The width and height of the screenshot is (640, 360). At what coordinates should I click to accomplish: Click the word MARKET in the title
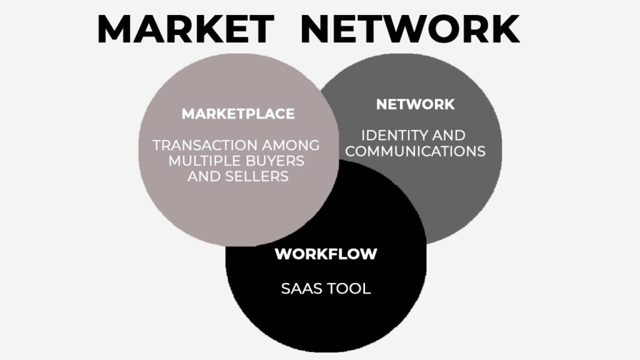pyautogui.click(x=186, y=29)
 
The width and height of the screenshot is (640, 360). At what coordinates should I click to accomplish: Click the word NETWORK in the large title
pyautogui.click(x=410, y=29)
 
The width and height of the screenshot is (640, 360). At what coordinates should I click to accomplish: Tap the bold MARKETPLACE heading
pyautogui.click(x=238, y=114)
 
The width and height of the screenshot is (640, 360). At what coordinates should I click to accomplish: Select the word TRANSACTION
pyautogui.click(x=205, y=145)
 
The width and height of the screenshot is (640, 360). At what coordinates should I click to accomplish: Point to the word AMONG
pyautogui.click(x=291, y=145)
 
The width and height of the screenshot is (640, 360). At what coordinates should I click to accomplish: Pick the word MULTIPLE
pyautogui.click(x=199, y=161)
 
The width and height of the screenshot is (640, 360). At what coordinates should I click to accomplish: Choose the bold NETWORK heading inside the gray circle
pyautogui.click(x=415, y=104)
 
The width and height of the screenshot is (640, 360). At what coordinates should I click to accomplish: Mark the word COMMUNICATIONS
pyautogui.click(x=415, y=151)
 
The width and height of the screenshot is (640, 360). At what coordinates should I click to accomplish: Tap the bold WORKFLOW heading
pyautogui.click(x=326, y=254)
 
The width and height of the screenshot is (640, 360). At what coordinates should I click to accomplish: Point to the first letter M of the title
pyautogui.click(x=114, y=29)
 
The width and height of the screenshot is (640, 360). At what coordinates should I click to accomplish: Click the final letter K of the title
pyautogui.click(x=506, y=29)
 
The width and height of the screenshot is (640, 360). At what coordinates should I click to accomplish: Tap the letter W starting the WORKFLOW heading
pyautogui.click(x=283, y=254)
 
